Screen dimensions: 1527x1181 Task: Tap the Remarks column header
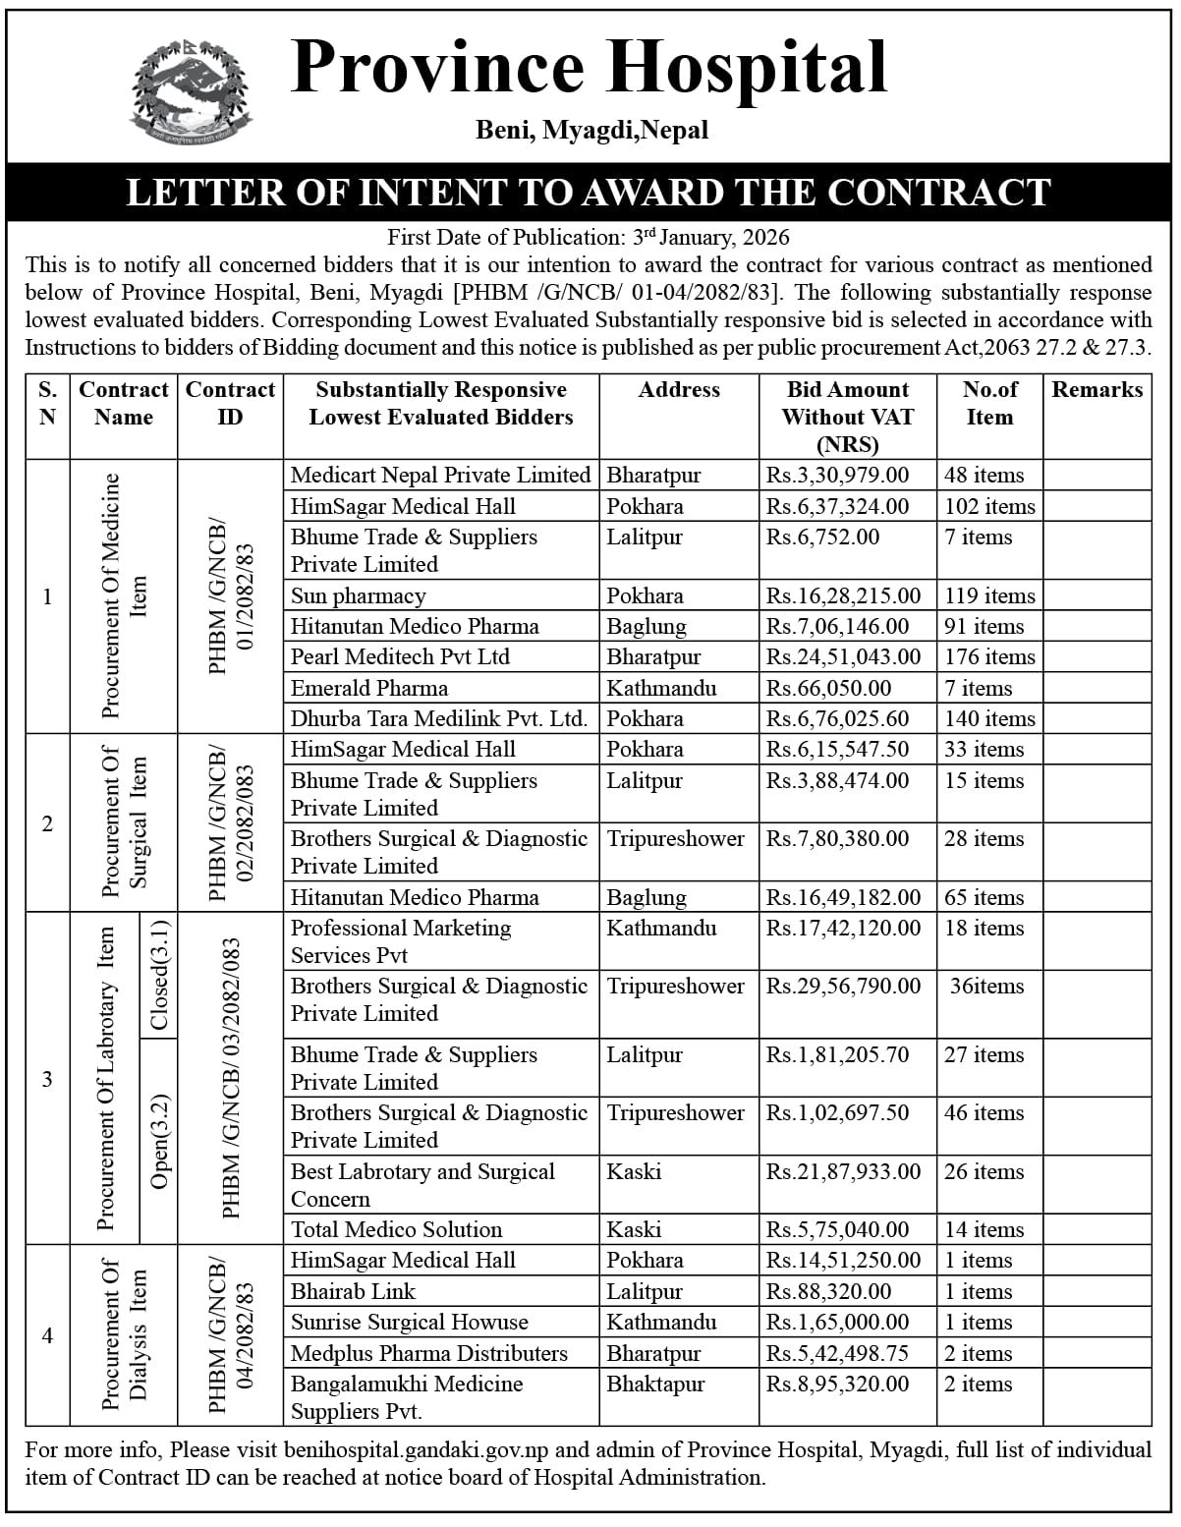click(x=1097, y=390)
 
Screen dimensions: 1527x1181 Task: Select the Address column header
click(x=679, y=390)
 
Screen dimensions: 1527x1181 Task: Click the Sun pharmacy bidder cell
click(x=359, y=595)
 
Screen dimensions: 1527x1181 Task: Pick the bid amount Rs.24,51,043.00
click(x=844, y=656)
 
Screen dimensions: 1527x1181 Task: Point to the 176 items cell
click(x=989, y=656)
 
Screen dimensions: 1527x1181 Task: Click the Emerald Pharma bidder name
click(x=369, y=688)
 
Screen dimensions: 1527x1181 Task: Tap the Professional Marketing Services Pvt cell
click(x=401, y=941)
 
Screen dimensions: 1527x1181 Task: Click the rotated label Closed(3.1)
click(x=160, y=975)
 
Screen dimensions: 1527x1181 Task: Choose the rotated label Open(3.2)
click(x=160, y=1141)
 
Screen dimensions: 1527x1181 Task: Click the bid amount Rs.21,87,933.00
click(x=844, y=1171)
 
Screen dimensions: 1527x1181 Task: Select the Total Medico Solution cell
click(x=396, y=1229)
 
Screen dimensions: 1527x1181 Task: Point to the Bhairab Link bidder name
click(x=353, y=1291)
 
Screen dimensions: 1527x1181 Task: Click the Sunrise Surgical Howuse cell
click(x=409, y=1322)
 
